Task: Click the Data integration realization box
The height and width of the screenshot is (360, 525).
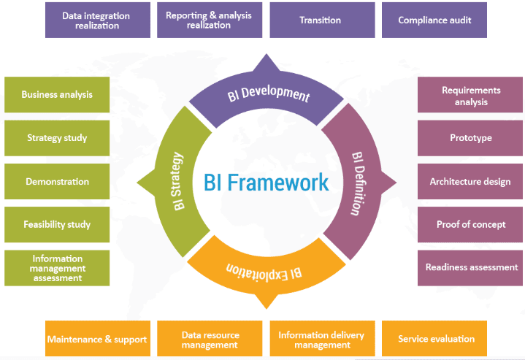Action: pyautogui.click(x=98, y=20)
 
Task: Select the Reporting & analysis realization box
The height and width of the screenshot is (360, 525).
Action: pyautogui.click(x=210, y=20)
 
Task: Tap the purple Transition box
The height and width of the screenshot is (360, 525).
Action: pyautogui.click(x=322, y=20)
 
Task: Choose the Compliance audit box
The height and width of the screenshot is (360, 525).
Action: pyautogui.click(x=434, y=20)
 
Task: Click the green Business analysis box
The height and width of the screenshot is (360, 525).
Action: pyautogui.click(x=57, y=95)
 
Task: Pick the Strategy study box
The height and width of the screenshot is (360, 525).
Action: pyautogui.click(x=57, y=138)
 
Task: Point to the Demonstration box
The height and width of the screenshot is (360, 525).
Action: pyautogui.click(x=57, y=182)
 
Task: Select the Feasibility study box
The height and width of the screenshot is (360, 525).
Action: pyautogui.click(x=57, y=224)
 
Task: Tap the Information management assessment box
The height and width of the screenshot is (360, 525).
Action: pyautogui.click(x=57, y=268)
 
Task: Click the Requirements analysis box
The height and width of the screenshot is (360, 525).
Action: pyautogui.click(x=470, y=95)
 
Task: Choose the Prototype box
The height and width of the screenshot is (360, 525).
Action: pyautogui.click(x=470, y=138)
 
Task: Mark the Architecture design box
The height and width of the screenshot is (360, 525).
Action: pyautogui.click(x=470, y=182)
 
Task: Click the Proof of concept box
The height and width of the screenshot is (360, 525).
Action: pyautogui.click(x=470, y=224)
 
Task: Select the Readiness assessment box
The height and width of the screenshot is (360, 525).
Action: pyautogui.click(x=470, y=268)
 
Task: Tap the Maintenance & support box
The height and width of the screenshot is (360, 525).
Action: pyautogui.click(x=98, y=339)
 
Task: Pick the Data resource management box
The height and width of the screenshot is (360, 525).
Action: pyautogui.click(x=210, y=339)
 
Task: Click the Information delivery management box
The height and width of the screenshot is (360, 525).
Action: pyautogui.click(x=322, y=339)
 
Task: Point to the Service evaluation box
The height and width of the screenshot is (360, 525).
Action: pyautogui.click(x=434, y=339)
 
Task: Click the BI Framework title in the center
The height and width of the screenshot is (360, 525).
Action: pyautogui.click(x=267, y=183)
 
